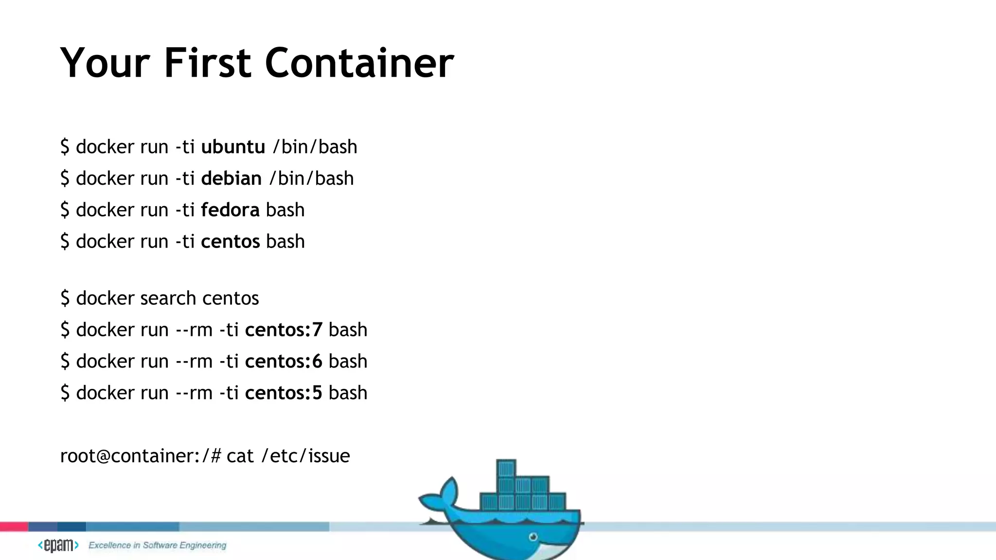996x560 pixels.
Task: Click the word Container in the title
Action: [359, 63]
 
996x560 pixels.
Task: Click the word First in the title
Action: [208, 63]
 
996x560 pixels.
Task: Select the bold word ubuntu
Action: [233, 147]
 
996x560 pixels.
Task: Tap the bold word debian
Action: [231, 178]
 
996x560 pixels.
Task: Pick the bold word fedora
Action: [230, 210]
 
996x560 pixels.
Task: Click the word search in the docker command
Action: [168, 298]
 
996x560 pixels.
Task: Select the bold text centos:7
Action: [284, 330]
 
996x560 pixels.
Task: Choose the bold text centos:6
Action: [284, 361]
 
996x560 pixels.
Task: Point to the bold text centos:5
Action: [284, 393]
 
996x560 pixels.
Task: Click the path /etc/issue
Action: [305, 456]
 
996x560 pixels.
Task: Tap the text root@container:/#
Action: [141, 456]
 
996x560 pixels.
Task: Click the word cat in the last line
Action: [240, 456]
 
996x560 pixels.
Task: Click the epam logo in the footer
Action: [58, 545]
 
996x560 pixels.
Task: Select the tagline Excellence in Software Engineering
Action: [157, 545]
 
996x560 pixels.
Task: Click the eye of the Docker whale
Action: [533, 537]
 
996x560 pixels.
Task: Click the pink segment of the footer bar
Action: [14, 526]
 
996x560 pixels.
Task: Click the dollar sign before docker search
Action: [65, 298]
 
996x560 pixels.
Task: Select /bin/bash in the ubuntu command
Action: [315, 147]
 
